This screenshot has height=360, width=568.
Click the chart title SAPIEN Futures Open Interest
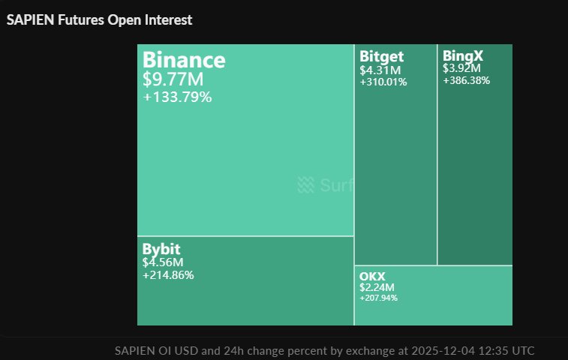99,20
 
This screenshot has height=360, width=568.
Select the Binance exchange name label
184,59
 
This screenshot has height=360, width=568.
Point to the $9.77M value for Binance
173,79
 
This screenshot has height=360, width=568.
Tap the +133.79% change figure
177,97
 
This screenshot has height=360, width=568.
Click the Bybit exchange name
161,249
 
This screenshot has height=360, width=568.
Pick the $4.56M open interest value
163,262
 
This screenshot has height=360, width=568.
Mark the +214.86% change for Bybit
168,275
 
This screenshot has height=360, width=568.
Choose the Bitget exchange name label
381,56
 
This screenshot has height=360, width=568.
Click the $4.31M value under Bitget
380,70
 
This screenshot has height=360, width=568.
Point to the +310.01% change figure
383,82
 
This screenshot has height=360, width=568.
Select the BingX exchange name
463,55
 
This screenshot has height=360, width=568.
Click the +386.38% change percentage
466,80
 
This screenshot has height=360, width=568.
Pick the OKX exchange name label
372,277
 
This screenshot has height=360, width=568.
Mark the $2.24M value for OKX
377,287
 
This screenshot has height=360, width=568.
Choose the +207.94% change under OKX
379,298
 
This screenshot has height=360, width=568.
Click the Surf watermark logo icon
305,184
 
